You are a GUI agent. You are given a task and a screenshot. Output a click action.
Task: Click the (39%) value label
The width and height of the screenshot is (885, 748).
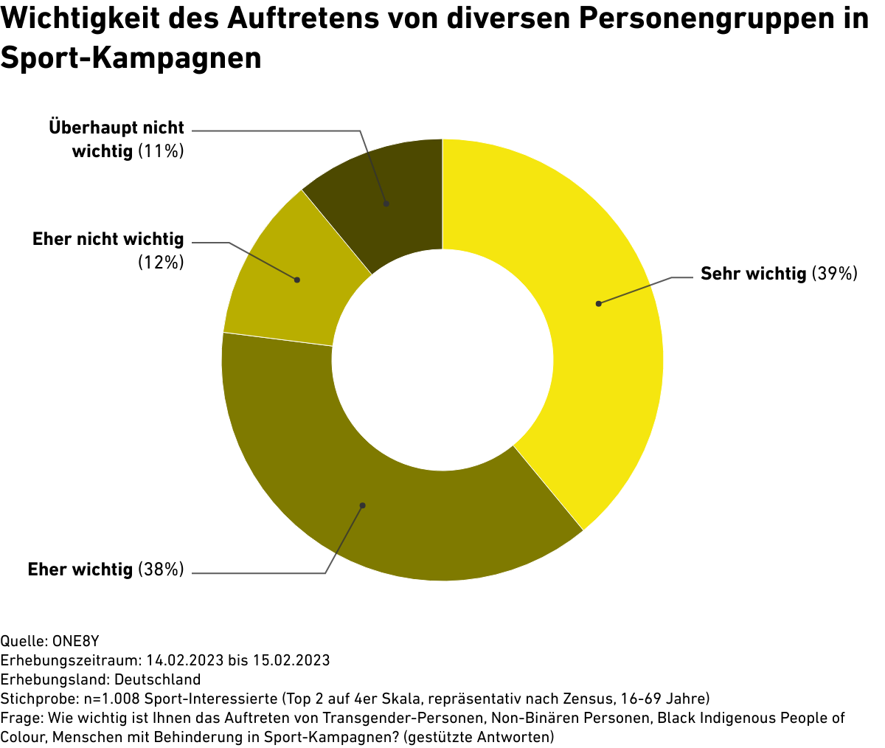tap(834, 274)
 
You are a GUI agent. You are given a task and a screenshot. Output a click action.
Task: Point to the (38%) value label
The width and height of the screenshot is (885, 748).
tap(160, 569)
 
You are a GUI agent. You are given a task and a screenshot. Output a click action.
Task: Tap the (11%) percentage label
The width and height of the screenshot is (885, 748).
tap(160, 151)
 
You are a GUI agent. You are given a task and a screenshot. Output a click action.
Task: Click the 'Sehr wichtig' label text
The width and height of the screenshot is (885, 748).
tap(753, 274)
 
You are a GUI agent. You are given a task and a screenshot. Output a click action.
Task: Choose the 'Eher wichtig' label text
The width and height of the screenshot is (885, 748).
tap(80, 569)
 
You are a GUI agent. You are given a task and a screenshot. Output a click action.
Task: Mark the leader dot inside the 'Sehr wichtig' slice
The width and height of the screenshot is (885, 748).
tap(599, 304)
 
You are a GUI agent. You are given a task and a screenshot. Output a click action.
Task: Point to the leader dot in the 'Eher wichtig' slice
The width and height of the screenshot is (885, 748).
tap(362, 505)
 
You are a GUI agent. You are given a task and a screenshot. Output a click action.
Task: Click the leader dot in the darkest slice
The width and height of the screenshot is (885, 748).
tap(386, 204)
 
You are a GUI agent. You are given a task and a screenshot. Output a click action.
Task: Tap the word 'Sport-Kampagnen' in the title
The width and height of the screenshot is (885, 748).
tap(131, 57)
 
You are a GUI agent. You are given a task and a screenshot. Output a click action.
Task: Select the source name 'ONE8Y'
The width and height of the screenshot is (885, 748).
tap(75, 640)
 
